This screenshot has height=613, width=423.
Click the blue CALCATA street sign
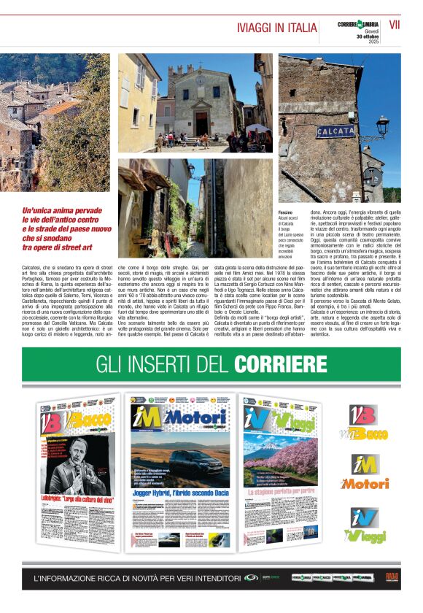335,131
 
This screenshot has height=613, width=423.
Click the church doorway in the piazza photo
201,122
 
